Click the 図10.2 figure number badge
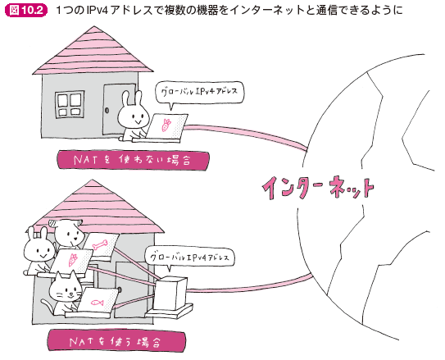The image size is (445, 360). point(25,10)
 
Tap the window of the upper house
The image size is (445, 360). point(70,104)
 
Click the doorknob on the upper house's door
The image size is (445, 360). point(107,111)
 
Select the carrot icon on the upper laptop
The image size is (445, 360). point(166,125)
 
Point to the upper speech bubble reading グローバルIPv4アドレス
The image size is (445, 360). point(199,93)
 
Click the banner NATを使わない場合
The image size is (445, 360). point(134,161)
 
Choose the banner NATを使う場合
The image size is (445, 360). point(116,341)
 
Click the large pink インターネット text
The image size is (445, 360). point(318,188)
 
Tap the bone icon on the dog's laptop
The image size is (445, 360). point(100,244)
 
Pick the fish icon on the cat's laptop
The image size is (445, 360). point(97,303)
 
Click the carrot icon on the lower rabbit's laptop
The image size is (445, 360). point(73,260)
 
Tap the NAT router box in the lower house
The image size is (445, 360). point(170,294)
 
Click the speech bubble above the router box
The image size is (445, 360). point(189,258)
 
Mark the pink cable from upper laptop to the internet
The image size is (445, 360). point(246,134)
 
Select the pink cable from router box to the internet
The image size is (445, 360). point(250,285)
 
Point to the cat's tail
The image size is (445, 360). point(46,304)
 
